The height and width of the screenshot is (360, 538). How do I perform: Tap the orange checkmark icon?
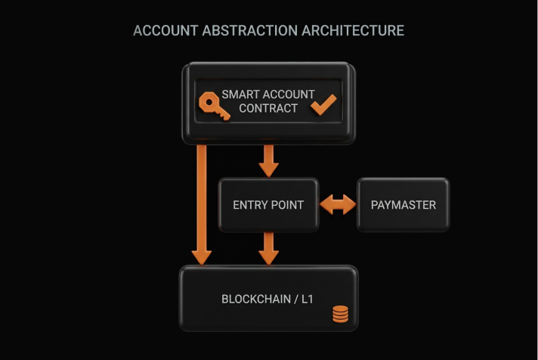click(323, 105)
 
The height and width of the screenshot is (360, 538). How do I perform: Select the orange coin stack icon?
click(341, 314)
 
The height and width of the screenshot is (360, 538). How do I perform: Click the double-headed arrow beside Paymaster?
click(337, 204)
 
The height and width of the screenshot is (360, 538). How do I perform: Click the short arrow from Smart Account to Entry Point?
click(268, 160)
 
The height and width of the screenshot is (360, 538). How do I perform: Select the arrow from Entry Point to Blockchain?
click(268, 247)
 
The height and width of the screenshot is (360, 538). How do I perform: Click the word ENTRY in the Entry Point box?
click(249, 205)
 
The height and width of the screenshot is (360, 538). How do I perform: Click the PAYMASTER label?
click(403, 205)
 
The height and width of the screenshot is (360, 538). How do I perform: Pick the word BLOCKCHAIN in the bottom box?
click(255, 299)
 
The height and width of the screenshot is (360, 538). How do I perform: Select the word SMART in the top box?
click(240, 95)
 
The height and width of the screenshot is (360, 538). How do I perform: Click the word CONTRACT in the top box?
click(268, 108)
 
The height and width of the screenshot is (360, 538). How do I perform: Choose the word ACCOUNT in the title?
click(161, 31)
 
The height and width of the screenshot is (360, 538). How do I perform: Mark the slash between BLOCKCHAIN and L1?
click(295, 299)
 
